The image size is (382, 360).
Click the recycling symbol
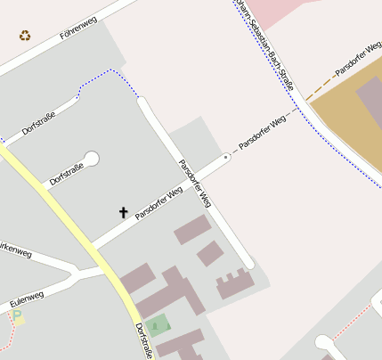(25, 36)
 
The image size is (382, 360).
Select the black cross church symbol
(124, 212)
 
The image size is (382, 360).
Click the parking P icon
(17, 316)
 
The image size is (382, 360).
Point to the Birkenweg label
(15, 254)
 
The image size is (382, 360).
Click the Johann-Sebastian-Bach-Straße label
(270, 45)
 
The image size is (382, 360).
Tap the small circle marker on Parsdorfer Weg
(226, 157)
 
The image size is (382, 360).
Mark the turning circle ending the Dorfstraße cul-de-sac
(91, 159)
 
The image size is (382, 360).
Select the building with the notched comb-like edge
(234, 283)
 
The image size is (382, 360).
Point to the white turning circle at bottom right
(322, 342)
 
